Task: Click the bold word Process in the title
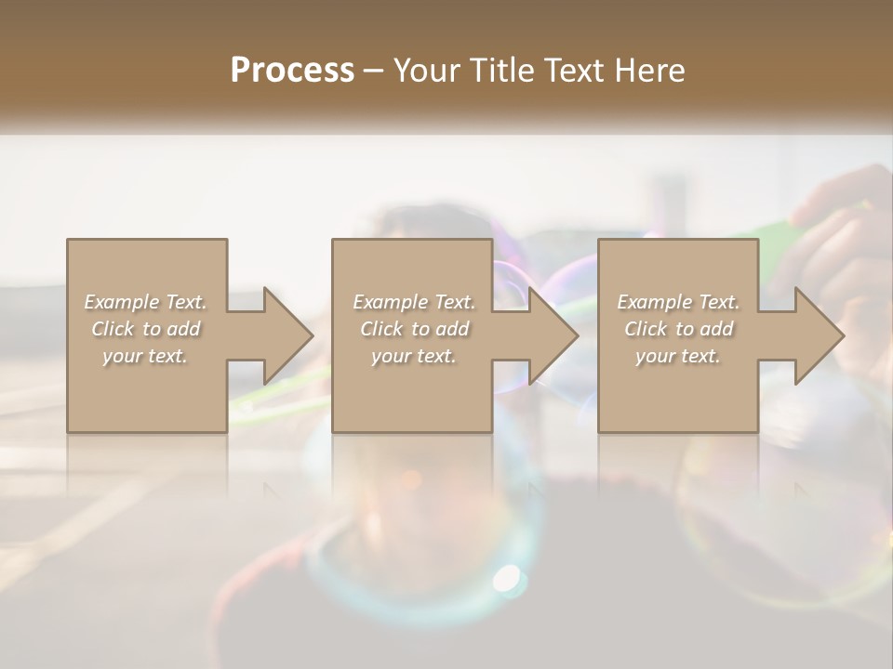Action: [x=292, y=70]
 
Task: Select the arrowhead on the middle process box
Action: [x=553, y=335]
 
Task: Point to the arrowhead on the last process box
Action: [x=819, y=335]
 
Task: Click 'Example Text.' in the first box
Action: [x=146, y=302]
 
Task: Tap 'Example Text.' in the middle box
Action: [x=414, y=302]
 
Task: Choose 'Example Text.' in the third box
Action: [x=678, y=302]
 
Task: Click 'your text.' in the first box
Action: [x=146, y=356]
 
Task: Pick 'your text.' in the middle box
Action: [x=414, y=356]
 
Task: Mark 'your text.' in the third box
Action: [x=678, y=356]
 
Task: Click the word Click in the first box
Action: [x=113, y=329]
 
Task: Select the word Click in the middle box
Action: [x=381, y=329]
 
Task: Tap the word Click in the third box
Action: [x=646, y=329]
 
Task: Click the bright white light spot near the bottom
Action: [x=507, y=578]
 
